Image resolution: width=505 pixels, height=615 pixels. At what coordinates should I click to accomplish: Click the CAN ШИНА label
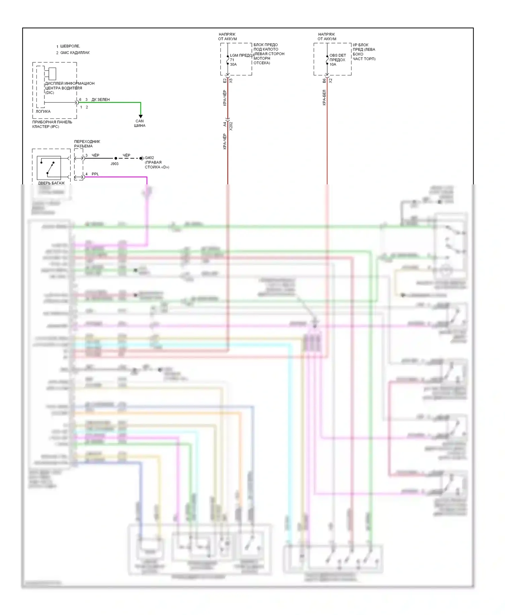[140, 123]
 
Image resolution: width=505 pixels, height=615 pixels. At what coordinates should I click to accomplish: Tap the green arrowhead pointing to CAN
[141, 116]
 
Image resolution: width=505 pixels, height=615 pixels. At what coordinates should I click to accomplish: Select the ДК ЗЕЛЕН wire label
[100, 100]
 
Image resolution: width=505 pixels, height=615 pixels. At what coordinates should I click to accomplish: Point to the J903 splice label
[114, 164]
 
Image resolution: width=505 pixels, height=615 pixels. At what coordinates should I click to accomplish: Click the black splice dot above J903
[116, 158]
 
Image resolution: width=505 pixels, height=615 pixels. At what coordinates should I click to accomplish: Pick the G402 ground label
[149, 158]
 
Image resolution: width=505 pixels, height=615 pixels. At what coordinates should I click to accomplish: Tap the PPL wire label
[95, 174]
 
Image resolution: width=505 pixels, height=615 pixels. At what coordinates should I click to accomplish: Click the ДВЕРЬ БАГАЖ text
[51, 183]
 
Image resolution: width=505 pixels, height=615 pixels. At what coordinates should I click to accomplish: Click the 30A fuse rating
[233, 65]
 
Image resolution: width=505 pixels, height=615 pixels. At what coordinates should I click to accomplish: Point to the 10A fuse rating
[333, 65]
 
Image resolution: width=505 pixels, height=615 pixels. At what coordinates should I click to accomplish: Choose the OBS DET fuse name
[338, 56]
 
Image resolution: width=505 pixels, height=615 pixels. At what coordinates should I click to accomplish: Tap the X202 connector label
[231, 126]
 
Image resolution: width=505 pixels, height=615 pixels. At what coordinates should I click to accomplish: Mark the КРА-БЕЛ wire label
[324, 98]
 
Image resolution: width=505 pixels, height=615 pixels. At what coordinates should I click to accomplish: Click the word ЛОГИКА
[43, 111]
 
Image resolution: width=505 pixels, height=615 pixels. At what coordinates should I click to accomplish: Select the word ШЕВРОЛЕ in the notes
[70, 46]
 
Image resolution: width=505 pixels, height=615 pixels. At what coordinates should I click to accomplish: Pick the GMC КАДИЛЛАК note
[75, 53]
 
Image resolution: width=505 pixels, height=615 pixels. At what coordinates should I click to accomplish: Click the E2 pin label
[225, 81]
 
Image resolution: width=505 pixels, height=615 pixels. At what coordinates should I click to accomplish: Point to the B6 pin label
[324, 81]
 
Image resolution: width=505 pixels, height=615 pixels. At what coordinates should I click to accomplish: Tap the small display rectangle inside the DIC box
[52, 74]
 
